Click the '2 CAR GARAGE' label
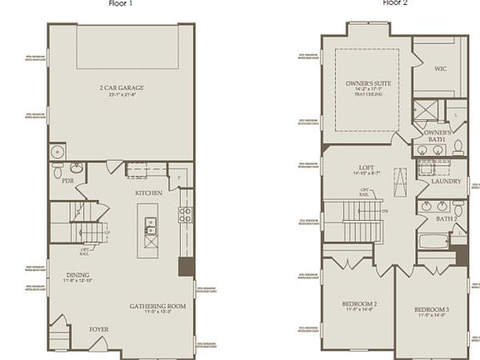(x=121, y=87)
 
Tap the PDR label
(x=68, y=180)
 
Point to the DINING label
(x=78, y=275)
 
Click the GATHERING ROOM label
(x=157, y=306)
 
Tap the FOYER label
(x=99, y=329)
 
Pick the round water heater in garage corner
(x=57, y=152)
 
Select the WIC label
(x=442, y=69)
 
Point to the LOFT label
(x=367, y=167)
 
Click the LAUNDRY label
(x=447, y=180)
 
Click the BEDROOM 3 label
(x=432, y=310)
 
